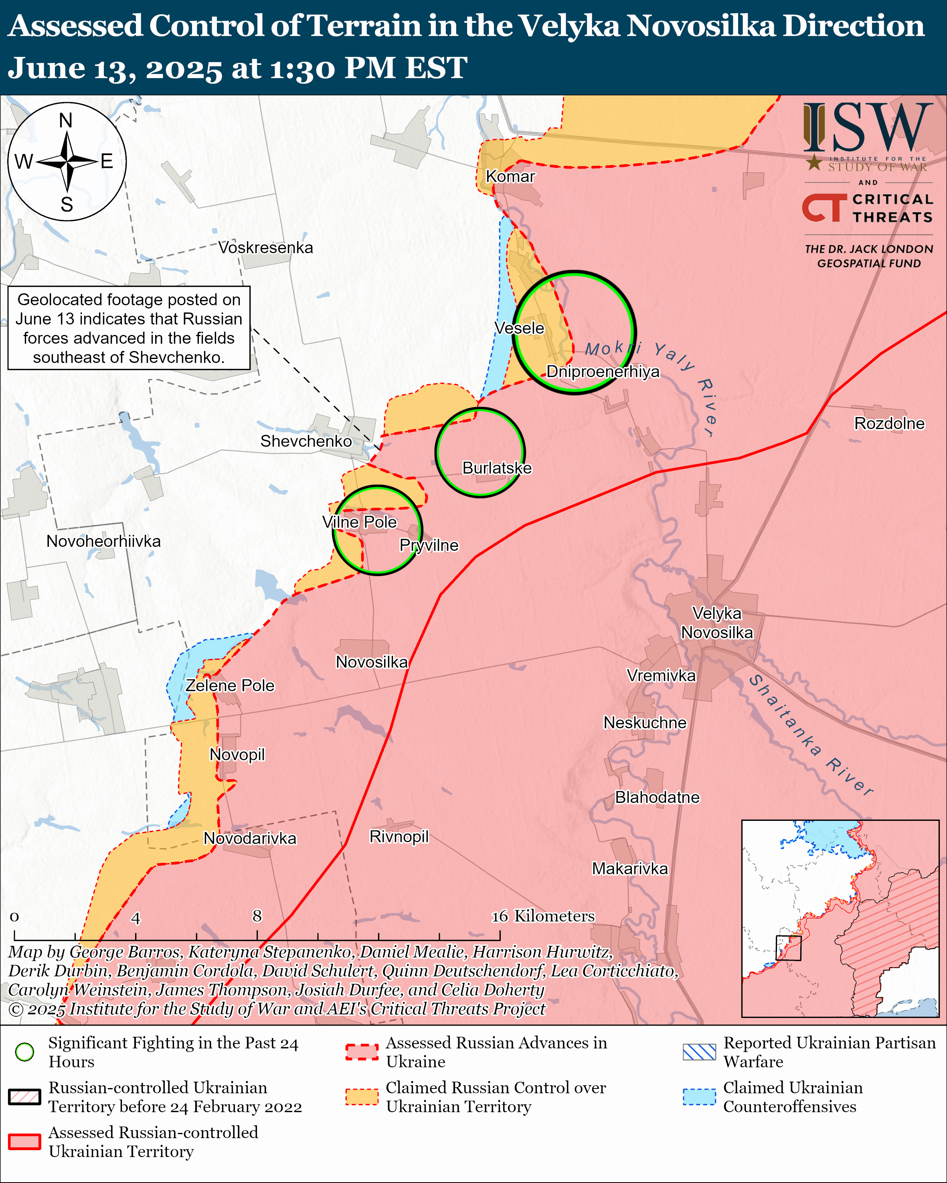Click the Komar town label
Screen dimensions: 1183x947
tap(510, 177)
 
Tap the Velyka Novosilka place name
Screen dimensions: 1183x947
tap(716, 623)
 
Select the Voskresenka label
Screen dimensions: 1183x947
tap(266, 248)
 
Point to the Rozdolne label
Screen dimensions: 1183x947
tap(889, 423)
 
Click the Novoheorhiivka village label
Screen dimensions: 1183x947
tap(103, 542)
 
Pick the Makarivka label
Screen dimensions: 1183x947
tap(630, 869)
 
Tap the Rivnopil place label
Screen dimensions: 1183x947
tap(399, 837)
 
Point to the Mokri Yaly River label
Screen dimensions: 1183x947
tap(653, 379)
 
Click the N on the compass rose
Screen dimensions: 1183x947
tap(66, 120)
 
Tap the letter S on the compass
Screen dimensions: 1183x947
tap(67, 205)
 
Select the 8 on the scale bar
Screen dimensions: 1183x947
tap(257, 916)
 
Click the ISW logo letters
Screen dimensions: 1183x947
tap(867, 128)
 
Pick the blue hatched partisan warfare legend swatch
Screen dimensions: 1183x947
tap(699, 1052)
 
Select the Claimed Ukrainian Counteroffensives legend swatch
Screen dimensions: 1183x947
tap(699, 1097)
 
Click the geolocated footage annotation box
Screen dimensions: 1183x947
tap(129, 328)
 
